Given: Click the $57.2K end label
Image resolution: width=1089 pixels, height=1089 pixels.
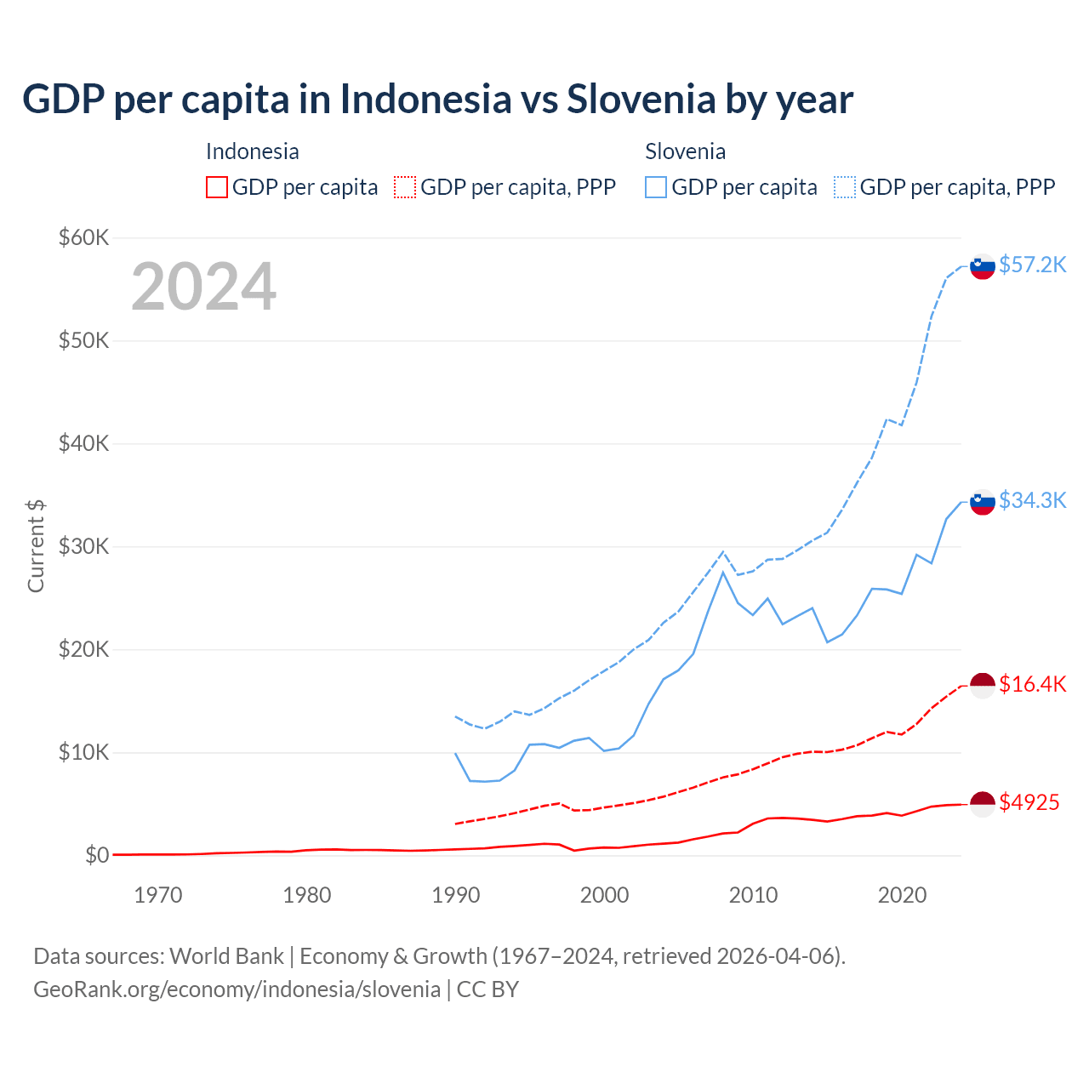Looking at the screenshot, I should [1032, 265].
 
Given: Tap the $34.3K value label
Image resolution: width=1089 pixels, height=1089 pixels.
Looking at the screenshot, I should [1032, 500].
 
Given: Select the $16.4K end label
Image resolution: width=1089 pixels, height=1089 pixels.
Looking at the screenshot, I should [1032, 684].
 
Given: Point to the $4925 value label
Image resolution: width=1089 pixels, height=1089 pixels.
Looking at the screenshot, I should [1029, 802].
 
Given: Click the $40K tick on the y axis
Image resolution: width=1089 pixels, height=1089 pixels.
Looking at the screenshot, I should [83, 443].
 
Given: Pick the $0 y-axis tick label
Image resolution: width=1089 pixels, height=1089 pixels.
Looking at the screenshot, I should [96, 855].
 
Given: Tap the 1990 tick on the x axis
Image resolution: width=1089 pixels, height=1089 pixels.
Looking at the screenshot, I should [456, 895].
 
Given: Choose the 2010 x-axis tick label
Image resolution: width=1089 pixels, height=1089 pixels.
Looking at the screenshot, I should [753, 895].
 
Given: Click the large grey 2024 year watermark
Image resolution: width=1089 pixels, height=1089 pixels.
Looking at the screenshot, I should [203, 287].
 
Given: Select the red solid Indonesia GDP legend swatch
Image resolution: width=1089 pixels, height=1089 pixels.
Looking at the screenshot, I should [217, 187].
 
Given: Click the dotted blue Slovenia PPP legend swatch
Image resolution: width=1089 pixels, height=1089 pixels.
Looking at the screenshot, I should [845, 187].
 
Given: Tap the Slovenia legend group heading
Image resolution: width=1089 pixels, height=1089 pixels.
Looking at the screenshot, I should [685, 151].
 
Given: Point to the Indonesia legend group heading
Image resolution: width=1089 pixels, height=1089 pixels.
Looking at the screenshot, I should [252, 151].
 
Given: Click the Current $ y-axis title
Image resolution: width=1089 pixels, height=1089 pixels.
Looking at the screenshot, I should [36, 545].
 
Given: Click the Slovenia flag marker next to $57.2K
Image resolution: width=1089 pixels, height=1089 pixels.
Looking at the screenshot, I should [983, 266].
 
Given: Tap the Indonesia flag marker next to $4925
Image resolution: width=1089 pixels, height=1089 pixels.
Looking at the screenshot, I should [983, 804].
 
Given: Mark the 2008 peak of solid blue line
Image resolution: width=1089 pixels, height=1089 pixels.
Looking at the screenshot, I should [723, 572].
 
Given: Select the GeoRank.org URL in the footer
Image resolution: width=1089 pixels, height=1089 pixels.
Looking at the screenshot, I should [237, 989].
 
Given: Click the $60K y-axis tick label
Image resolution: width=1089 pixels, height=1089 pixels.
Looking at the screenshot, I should [83, 237].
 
